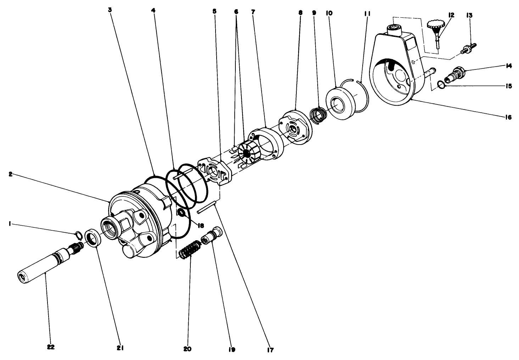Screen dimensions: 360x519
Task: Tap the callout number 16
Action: (508, 117)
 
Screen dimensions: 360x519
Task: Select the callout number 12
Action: (451, 15)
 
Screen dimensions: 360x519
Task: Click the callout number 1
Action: (11, 224)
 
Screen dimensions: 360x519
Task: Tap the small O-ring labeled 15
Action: (440, 84)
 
